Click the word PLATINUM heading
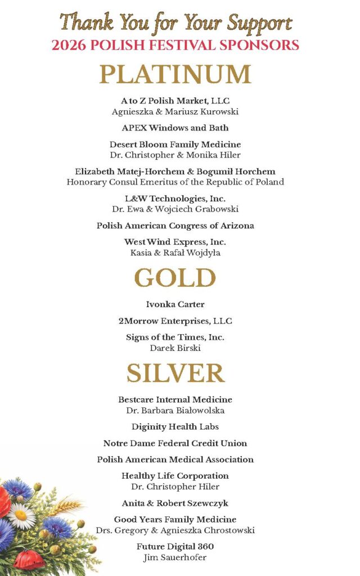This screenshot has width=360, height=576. [x=175, y=75]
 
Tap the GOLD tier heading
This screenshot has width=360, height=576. [x=175, y=278]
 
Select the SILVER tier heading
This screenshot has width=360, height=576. [x=175, y=373]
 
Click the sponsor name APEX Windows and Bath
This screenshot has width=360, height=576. [x=175, y=128]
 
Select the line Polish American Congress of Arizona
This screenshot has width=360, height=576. [x=175, y=226]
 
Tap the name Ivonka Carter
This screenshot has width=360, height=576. [x=175, y=304]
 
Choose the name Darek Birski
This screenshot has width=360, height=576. [x=175, y=348]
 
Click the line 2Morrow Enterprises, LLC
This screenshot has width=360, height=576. [x=175, y=321]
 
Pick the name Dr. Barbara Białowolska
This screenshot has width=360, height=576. [x=175, y=410]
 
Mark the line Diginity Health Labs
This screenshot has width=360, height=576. [x=175, y=426]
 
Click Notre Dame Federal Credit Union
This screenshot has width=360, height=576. [x=175, y=443]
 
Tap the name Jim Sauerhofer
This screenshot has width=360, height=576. [x=175, y=557]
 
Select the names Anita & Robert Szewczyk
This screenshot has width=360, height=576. [x=175, y=503]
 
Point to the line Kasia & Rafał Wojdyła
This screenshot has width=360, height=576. [x=175, y=253]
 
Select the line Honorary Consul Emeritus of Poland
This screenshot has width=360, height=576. [x=175, y=182]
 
